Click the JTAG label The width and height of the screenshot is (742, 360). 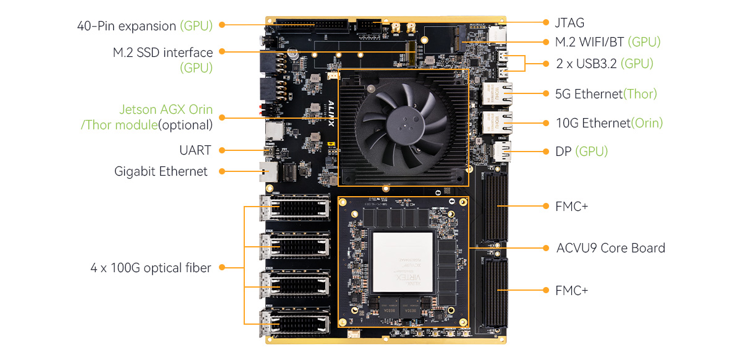coord(569,23)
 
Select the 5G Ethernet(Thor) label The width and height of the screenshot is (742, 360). coord(606,94)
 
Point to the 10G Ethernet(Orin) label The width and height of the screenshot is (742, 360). coord(609,123)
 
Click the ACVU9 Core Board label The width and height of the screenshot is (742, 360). coord(610,248)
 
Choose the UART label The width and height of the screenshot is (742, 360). coord(195,150)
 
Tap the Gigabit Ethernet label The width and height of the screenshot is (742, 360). coord(161,171)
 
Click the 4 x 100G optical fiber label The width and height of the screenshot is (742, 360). coord(151,268)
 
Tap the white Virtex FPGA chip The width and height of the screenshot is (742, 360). coord(403,262)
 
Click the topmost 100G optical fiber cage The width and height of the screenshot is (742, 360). coord(295,208)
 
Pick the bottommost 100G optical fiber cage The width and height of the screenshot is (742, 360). coord(295,322)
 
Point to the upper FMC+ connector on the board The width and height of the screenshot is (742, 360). coord(495,206)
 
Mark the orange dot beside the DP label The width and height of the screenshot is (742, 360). coord(546,152)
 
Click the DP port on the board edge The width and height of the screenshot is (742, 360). coord(502,152)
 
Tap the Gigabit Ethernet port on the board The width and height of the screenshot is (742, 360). coord(268,172)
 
